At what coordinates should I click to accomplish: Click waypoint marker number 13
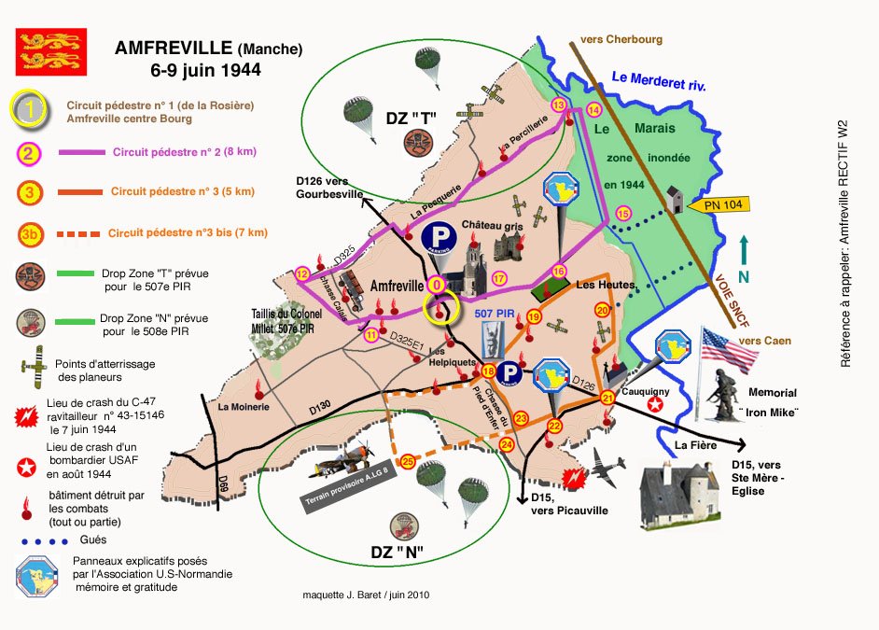tap(559, 105)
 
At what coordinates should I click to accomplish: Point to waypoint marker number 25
tap(407, 461)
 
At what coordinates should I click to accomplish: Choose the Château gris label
tap(490, 226)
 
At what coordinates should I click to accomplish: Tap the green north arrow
tap(744, 258)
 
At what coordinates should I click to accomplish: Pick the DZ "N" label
tap(399, 552)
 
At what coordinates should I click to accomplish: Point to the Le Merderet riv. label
tap(658, 82)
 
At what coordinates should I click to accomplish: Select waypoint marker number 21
tap(607, 398)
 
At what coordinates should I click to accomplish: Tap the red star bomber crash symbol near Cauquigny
tap(656, 403)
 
